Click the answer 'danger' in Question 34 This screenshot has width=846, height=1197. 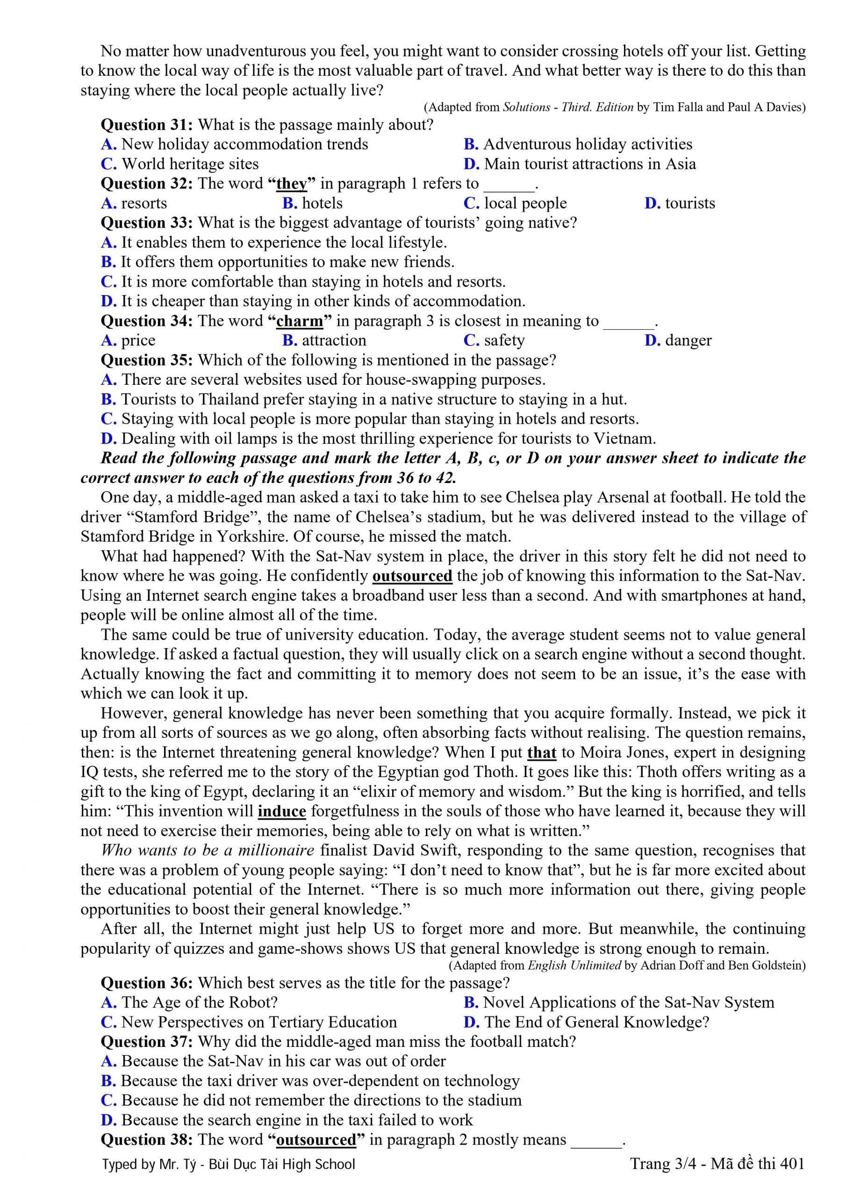pyautogui.click(x=688, y=340)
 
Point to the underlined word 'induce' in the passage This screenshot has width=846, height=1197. pyautogui.click(x=281, y=811)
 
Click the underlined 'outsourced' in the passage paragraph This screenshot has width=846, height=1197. pyautogui.click(x=412, y=576)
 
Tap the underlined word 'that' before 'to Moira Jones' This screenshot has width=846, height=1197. pyautogui.click(x=542, y=752)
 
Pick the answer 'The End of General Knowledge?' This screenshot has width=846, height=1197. pyautogui.click(x=596, y=1022)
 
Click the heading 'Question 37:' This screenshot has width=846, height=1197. pyautogui.click(x=147, y=1041)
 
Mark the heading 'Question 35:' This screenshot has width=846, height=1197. pyautogui.click(x=147, y=360)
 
